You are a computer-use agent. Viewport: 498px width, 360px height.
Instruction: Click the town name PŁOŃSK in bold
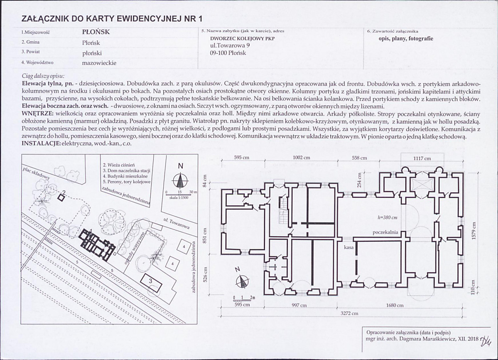pos(96,32)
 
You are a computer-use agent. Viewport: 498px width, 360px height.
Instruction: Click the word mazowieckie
pos(99,63)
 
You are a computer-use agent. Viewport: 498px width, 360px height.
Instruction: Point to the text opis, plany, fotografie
pos(400,39)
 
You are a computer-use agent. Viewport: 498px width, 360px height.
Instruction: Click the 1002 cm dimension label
pos(302,158)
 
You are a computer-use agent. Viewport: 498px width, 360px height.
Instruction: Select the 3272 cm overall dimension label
pos(349,313)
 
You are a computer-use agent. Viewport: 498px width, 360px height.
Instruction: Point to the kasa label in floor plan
pos(348,248)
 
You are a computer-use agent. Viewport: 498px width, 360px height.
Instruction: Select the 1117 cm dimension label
pos(422,158)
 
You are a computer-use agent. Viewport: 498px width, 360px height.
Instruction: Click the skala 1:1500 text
pos(179,197)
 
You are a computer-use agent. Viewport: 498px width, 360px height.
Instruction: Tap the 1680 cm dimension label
pos(395,306)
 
